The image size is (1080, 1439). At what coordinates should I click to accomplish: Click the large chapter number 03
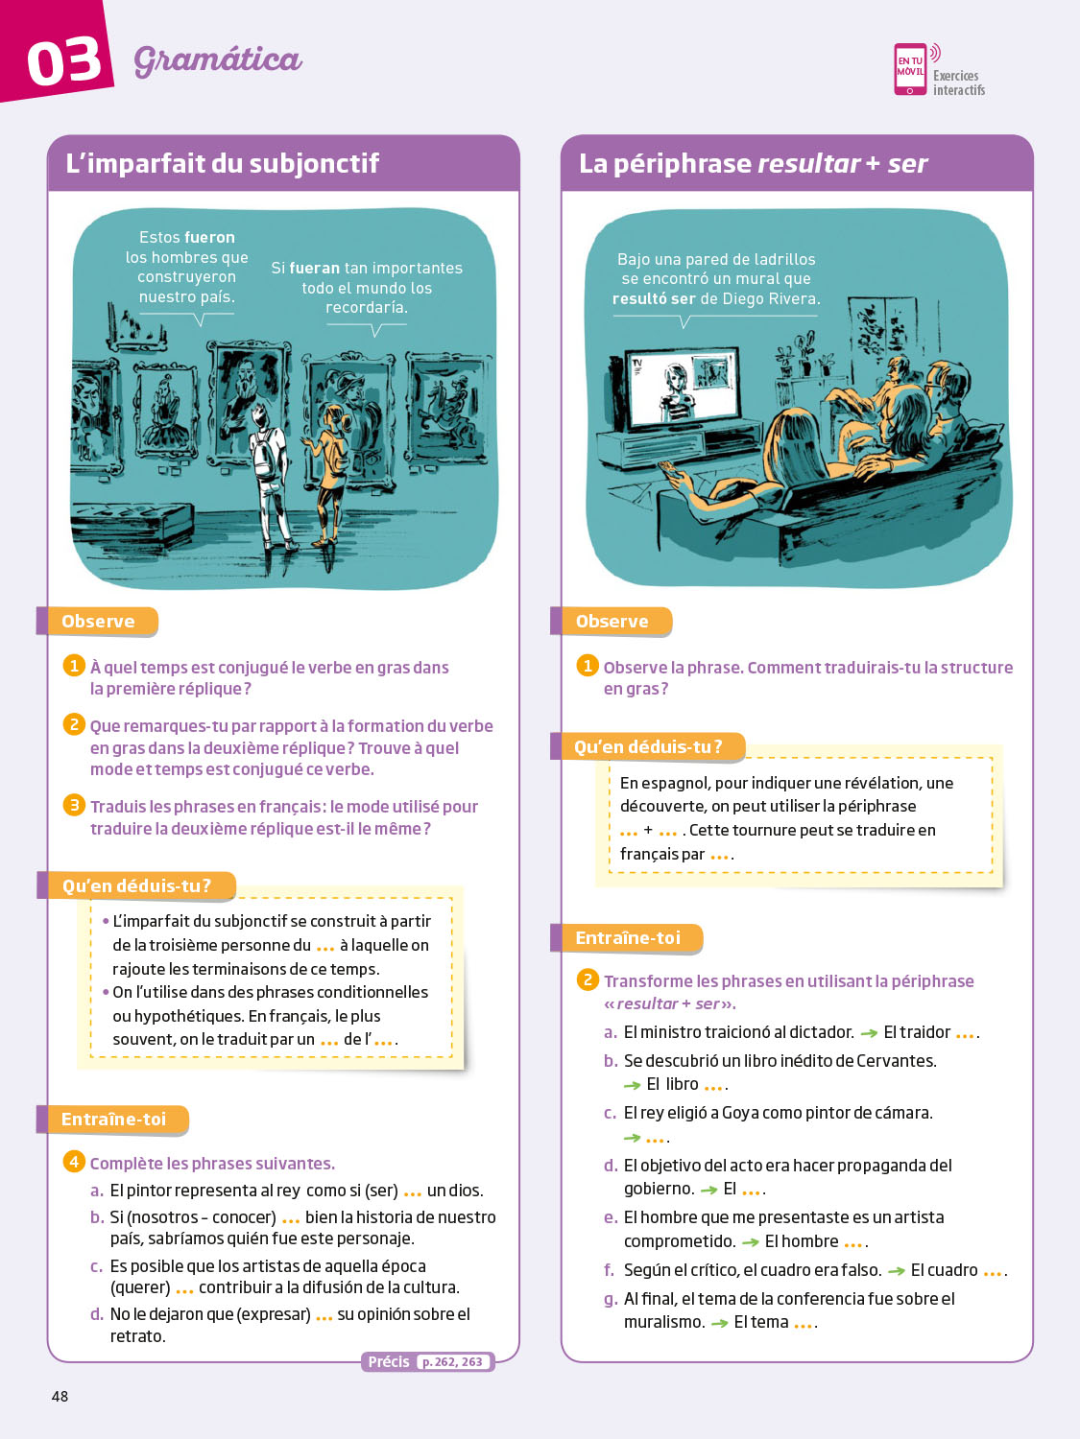click(x=63, y=62)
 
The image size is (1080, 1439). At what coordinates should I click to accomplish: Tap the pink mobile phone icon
click(x=911, y=69)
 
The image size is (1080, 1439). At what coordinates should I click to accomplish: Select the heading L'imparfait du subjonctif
click(x=223, y=163)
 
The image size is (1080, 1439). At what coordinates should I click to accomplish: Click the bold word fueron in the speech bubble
click(x=210, y=237)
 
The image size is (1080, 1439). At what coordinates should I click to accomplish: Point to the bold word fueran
click(x=315, y=268)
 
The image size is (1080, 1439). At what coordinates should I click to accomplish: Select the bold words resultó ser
click(x=654, y=299)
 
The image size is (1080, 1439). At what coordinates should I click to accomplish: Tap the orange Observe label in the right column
click(x=612, y=621)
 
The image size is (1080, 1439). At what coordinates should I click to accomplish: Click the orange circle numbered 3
click(x=74, y=806)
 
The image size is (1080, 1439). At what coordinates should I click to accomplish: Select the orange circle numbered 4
click(x=74, y=1163)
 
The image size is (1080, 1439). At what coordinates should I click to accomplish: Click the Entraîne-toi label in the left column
click(x=113, y=1120)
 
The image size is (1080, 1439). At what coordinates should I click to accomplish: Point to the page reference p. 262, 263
click(x=452, y=1361)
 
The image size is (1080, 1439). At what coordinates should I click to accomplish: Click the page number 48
click(x=60, y=1397)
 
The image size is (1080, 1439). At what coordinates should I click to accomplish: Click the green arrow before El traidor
click(x=869, y=1033)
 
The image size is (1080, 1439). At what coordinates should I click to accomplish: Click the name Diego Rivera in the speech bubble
click(x=771, y=299)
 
